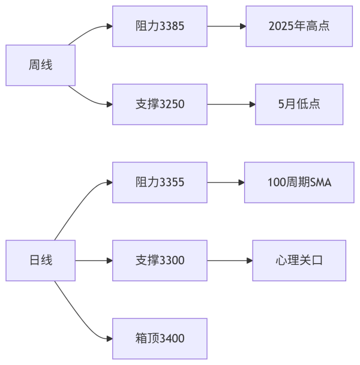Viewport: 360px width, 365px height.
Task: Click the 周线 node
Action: pyautogui.click(x=40, y=65)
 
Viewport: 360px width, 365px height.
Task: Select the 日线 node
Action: pyautogui.click(x=40, y=260)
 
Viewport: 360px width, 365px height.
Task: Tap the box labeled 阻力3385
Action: pyautogui.click(x=160, y=26)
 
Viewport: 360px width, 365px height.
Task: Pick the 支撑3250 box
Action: pyautogui.click(x=160, y=104)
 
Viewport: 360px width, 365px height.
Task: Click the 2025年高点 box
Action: pyautogui.click(x=299, y=26)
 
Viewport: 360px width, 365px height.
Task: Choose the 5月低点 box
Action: pyautogui.click(x=299, y=104)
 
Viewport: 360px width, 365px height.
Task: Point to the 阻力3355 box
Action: pyautogui.click(x=160, y=182)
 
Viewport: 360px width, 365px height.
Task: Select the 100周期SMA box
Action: pyautogui.click(x=299, y=182)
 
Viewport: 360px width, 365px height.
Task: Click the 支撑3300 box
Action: pyautogui.click(x=160, y=260)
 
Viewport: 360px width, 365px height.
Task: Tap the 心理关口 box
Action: pyautogui.click(x=299, y=260)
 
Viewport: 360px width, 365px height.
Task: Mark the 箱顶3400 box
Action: pyautogui.click(x=160, y=338)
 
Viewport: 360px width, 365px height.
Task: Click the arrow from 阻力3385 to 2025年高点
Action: pyautogui.click(x=226, y=26)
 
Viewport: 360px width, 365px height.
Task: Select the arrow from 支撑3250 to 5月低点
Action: pyautogui.click(x=231, y=104)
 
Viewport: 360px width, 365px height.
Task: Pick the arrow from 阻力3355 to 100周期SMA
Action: pyautogui.click(x=226, y=182)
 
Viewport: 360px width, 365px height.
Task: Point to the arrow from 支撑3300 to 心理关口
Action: pyautogui.click(x=229, y=260)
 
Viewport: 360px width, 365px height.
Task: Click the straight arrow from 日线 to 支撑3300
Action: pyautogui.click(x=94, y=260)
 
